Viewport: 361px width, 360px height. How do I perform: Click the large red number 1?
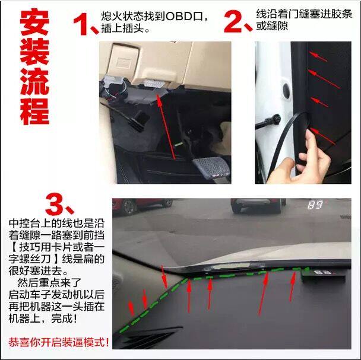[x=81, y=24]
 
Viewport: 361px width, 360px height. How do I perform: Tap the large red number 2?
[x=234, y=21]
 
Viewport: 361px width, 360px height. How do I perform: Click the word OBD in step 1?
[x=179, y=16]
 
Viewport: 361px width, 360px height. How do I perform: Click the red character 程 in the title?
[x=34, y=111]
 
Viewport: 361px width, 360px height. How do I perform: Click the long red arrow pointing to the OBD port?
[x=166, y=127]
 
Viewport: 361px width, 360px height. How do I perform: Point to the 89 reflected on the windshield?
[x=315, y=205]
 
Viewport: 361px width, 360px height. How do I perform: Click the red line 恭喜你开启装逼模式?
[x=59, y=342]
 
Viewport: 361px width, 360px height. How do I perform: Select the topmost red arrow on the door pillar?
[x=318, y=56]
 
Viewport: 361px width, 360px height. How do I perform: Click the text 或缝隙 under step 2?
[x=272, y=26]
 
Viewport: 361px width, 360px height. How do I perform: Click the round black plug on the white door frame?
[x=287, y=91]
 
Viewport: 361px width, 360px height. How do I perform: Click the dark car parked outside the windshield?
[x=258, y=205]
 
